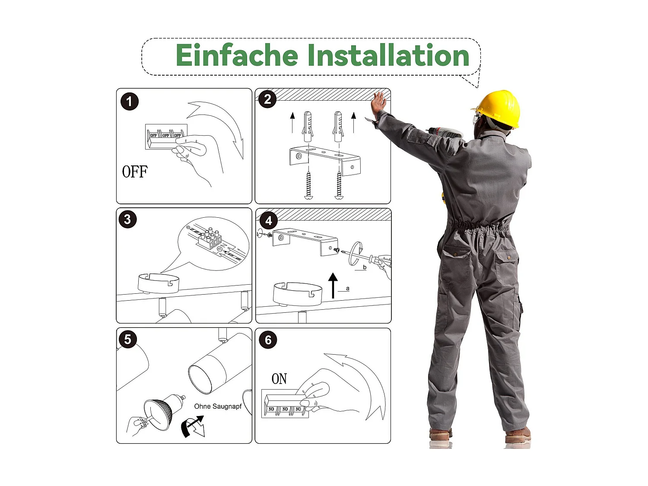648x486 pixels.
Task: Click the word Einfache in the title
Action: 237,55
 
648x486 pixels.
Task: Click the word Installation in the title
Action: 388,55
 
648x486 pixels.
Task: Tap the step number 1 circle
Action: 129,102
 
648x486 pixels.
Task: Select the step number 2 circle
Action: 267,99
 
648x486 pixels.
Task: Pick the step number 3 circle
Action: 127,219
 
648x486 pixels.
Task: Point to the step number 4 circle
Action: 269,220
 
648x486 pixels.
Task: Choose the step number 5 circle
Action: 127,339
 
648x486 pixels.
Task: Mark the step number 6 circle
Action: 268,340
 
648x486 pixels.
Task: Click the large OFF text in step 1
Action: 135,172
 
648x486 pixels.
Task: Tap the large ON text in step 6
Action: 279,378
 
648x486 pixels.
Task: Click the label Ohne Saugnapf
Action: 218,407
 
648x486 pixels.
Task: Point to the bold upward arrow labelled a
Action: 333,286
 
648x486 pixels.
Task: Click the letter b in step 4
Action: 365,267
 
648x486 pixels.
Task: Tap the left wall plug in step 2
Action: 307,127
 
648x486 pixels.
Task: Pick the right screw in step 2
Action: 339,185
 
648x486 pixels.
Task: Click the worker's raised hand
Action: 378,103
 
